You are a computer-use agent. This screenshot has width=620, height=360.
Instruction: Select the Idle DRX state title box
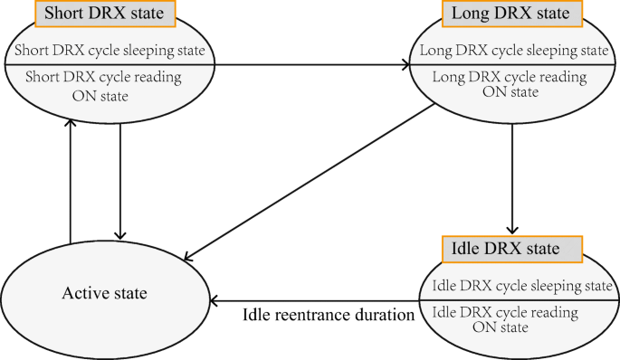[x=511, y=247]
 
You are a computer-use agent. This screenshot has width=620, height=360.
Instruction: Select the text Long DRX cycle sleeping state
[x=513, y=49]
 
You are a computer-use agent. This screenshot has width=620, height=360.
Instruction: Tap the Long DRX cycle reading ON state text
[x=513, y=85]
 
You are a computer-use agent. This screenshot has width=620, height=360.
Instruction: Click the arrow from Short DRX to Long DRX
[x=308, y=65]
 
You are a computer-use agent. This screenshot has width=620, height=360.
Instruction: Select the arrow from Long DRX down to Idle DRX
[x=513, y=176]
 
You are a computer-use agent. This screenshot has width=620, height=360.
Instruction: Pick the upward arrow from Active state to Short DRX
[x=71, y=181]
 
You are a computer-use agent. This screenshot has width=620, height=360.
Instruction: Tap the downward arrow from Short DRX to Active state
[x=120, y=181]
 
